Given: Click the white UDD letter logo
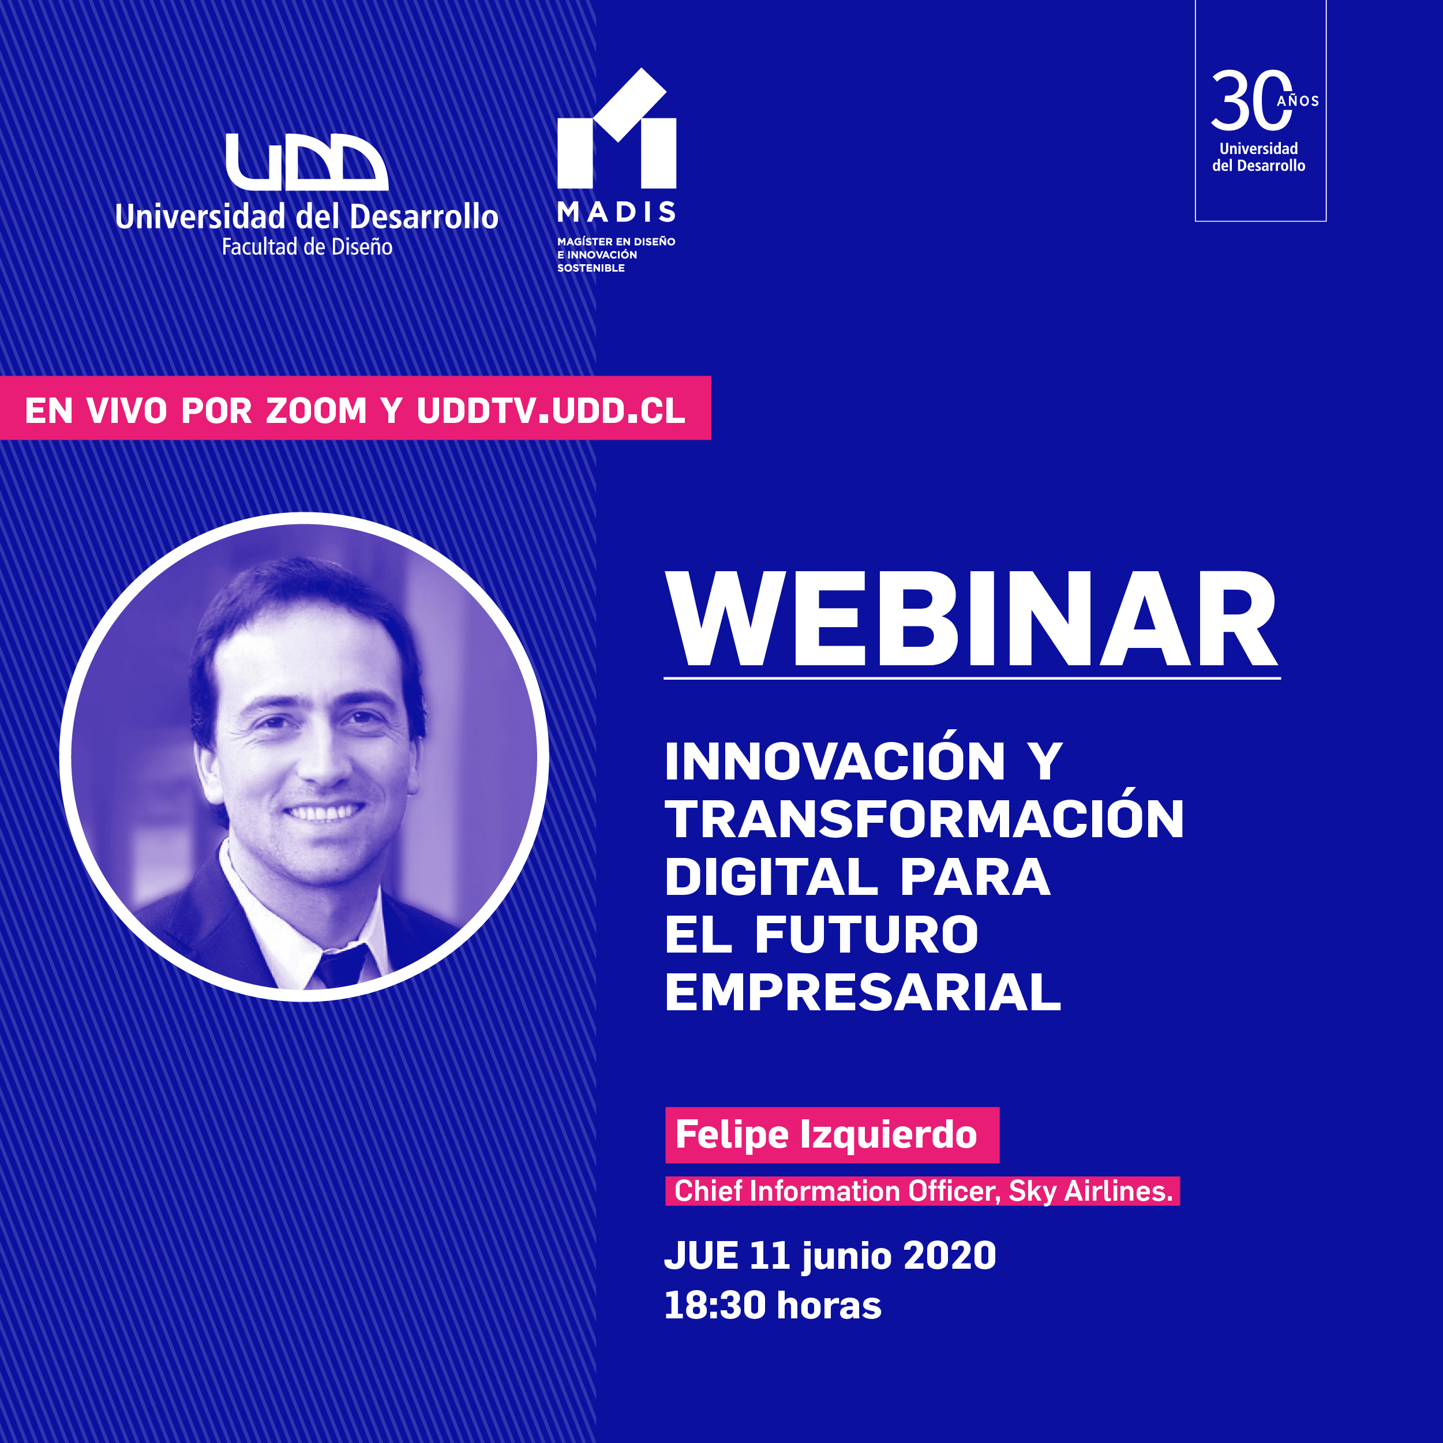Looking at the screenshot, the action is [307, 162].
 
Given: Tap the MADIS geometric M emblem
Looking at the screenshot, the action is [617, 129].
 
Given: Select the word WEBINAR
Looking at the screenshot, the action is [972, 619].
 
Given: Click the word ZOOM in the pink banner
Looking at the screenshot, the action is [317, 411].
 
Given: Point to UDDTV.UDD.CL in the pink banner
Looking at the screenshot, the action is [551, 411].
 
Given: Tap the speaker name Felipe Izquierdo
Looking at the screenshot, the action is [826, 1134].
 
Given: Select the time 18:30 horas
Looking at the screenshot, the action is [773, 1305].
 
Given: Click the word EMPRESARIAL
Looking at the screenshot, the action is [863, 992].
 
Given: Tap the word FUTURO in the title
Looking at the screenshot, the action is [867, 934].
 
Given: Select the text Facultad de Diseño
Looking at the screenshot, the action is [307, 247].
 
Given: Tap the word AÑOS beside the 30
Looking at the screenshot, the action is [1298, 101].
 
